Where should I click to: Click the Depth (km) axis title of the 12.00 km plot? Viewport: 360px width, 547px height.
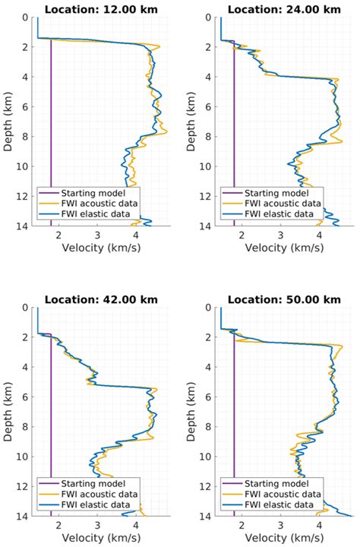click(x=8, y=122)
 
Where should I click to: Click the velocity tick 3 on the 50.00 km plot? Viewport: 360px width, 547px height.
click(x=280, y=525)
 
